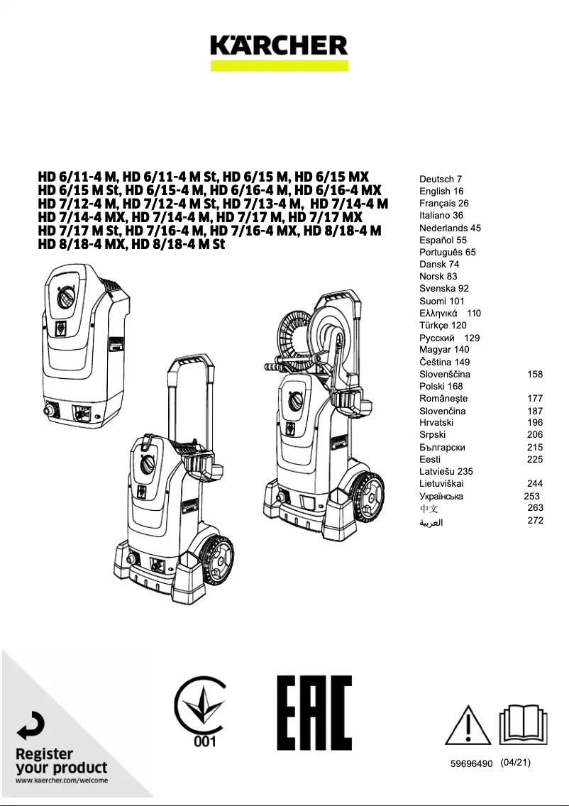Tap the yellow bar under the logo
[279, 65]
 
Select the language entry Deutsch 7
[441, 179]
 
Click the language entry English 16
[441, 191]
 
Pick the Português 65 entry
[448, 252]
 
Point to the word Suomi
[433, 301]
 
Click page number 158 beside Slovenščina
[535, 374]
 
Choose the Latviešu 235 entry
[446, 471]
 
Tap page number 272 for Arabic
[535, 521]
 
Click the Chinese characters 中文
[429, 509]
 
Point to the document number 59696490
[471, 764]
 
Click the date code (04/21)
[515, 763]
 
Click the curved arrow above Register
[32, 727]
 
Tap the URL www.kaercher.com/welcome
[62, 780]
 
